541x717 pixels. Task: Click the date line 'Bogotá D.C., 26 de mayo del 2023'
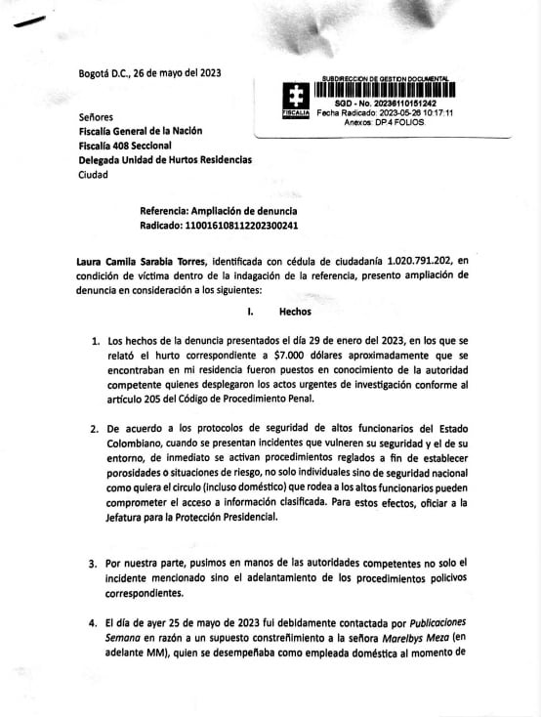pyautogui.click(x=149, y=73)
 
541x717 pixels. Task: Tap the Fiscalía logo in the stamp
pyautogui.click(x=295, y=101)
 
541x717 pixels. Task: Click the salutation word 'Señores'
pyautogui.click(x=96, y=115)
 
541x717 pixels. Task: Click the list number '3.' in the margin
pyautogui.click(x=96, y=564)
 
